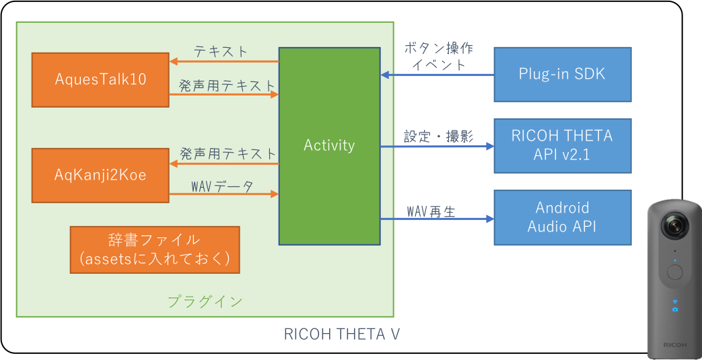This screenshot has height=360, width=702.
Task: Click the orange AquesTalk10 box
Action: click(x=101, y=79)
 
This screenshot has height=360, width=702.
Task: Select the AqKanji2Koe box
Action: click(x=101, y=176)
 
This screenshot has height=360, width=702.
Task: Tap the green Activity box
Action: click(x=329, y=145)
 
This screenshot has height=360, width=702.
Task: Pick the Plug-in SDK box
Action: click(x=562, y=74)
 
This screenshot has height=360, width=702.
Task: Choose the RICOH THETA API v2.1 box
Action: click(x=562, y=145)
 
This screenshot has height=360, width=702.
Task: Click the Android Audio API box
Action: click(x=562, y=217)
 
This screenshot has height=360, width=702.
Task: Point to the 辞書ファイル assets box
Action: click(x=155, y=250)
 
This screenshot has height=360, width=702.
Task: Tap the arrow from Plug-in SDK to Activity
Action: click(x=437, y=75)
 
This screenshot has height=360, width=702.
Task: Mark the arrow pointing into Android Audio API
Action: click(x=437, y=219)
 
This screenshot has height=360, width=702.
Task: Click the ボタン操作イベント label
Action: click(x=438, y=57)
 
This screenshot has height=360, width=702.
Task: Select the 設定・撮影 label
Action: click(x=438, y=136)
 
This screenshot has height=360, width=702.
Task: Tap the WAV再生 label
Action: click(x=431, y=211)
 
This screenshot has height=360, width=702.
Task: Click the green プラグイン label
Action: click(x=205, y=301)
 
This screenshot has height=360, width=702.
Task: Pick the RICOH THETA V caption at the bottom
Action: click(x=343, y=334)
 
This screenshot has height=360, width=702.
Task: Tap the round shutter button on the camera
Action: click(x=674, y=273)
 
